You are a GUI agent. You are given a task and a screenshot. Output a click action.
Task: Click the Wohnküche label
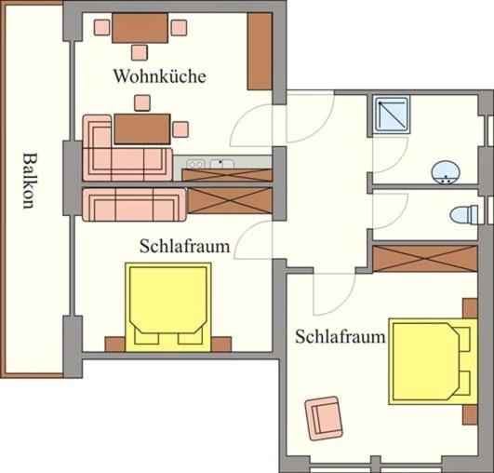click(160, 76)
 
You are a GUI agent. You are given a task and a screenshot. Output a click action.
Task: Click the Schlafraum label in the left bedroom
click(184, 246)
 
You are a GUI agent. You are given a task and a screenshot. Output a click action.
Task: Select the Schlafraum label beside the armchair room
click(340, 337)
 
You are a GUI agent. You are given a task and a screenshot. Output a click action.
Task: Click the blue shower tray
click(392, 115)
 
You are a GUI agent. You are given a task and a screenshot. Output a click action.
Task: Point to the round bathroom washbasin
click(446, 173)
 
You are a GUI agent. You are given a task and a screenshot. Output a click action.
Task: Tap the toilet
click(465, 214)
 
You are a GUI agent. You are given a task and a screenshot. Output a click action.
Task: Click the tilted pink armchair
click(323, 418)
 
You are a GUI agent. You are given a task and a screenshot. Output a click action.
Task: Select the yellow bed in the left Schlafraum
click(168, 307)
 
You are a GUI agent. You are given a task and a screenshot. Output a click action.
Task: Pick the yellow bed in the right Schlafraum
click(433, 361)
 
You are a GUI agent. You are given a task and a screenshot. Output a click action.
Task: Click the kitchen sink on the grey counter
click(221, 164)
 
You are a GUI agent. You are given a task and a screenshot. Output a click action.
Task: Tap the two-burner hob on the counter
click(195, 164)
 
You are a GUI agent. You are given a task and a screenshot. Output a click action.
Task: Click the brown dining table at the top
click(140, 28)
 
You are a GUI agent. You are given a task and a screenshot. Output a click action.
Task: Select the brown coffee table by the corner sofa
click(142, 129)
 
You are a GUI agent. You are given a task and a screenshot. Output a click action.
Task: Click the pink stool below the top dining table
click(140, 53)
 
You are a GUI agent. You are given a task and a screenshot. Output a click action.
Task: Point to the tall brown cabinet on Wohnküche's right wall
click(260, 51)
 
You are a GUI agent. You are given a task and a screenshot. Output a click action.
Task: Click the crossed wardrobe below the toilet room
click(425, 259)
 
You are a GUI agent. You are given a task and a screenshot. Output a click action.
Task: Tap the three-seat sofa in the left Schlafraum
click(134, 205)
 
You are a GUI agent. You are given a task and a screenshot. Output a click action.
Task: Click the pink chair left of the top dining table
click(102, 27)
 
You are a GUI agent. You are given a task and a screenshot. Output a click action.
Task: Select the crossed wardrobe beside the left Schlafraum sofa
click(231, 200)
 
